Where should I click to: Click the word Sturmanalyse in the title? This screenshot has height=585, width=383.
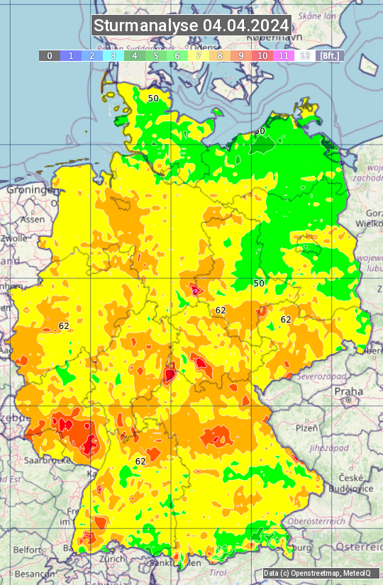pyautogui.click(x=146, y=26)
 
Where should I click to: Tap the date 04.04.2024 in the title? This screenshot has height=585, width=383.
pyautogui.click(x=246, y=26)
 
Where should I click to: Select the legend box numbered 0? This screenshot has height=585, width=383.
pyautogui.click(x=50, y=55)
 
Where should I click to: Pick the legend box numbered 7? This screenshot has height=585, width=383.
pyautogui.click(x=199, y=55)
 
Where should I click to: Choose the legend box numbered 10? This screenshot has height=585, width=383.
pyautogui.click(x=262, y=55)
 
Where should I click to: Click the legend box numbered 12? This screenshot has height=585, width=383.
pyautogui.click(x=305, y=55)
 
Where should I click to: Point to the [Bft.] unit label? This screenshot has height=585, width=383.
pyautogui.click(x=331, y=55)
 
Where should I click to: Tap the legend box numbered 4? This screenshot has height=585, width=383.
pyautogui.click(x=135, y=55)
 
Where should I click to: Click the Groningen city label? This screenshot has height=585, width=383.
pyautogui.click(x=32, y=190)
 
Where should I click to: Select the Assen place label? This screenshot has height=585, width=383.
pyautogui.click(x=33, y=220)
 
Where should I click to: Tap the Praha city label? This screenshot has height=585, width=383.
pyautogui.click(x=348, y=391)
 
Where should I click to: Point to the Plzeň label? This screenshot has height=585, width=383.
pyautogui.click(x=306, y=428)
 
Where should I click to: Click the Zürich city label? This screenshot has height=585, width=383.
pyautogui.click(x=113, y=559)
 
